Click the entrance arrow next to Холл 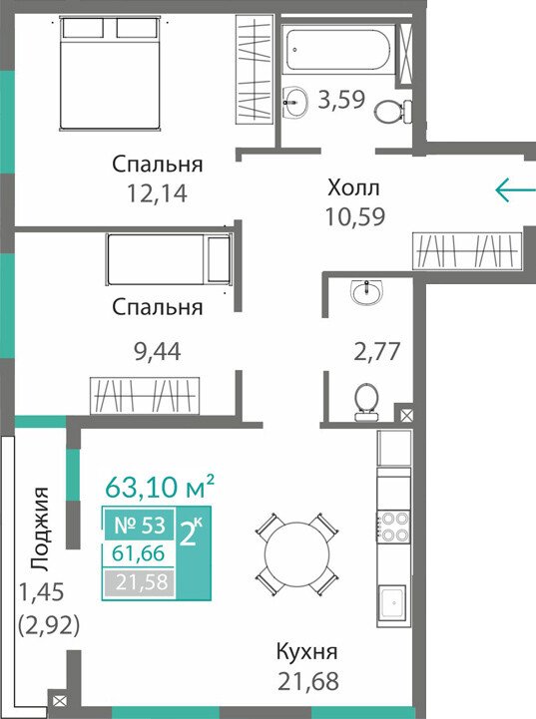click(x=515, y=189)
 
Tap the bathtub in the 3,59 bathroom click(x=337, y=45)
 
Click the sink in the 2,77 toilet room click(x=367, y=291)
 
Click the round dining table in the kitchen click(x=296, y=553)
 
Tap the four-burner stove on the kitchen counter click(x=393, y=527)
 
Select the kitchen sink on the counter click(x=393, y=602)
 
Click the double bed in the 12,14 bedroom click(x=111, y=74)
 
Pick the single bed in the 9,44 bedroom click(x=169, y=259)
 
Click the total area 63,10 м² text click(x=160, y=486)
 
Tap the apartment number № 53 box click(x=139, y=525)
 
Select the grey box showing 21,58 click(x=139, y=582)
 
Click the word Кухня click(x=307, y=651)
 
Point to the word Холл click(x=353, y=187)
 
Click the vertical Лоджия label click(x=40, y=529)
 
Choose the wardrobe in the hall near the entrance click(x=467, y=251)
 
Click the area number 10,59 click(x=354, y=216)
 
